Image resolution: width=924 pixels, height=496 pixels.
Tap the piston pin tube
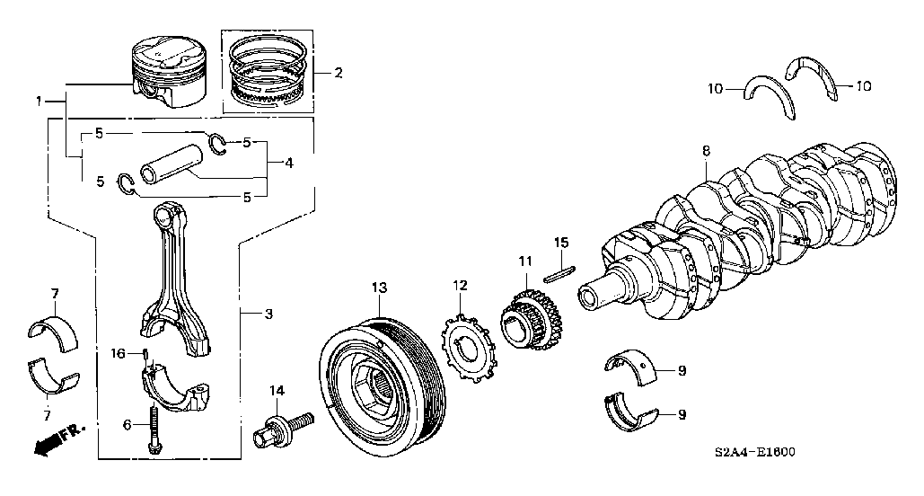point(173,164)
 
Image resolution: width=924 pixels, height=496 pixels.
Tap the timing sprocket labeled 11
point(528,319)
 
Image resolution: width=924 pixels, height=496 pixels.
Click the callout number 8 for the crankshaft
point(705,152)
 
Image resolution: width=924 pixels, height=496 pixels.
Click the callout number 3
point(268,314)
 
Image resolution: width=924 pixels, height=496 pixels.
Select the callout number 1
point(39,102)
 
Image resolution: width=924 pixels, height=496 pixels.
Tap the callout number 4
point(288,164)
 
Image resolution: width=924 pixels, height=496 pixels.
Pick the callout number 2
point(338,73)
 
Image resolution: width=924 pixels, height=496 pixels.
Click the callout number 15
point(560,243)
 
